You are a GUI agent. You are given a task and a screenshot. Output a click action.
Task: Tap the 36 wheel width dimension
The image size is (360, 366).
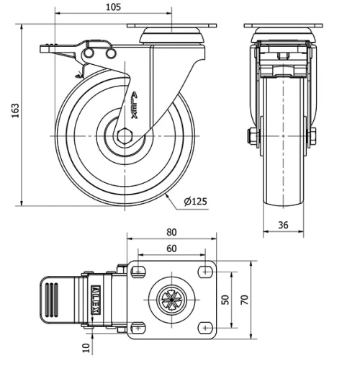coord(283,226)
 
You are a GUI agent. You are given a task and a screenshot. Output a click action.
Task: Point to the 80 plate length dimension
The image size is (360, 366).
coord(171,232)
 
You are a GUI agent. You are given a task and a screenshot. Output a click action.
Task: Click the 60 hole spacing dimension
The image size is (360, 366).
coord(171,248)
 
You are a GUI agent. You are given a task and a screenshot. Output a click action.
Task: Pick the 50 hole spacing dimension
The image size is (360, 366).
coord(225,298)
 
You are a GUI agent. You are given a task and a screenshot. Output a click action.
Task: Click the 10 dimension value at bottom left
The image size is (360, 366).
coord(87,349)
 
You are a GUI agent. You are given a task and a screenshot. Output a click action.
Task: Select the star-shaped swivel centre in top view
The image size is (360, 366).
coord(171,298)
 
